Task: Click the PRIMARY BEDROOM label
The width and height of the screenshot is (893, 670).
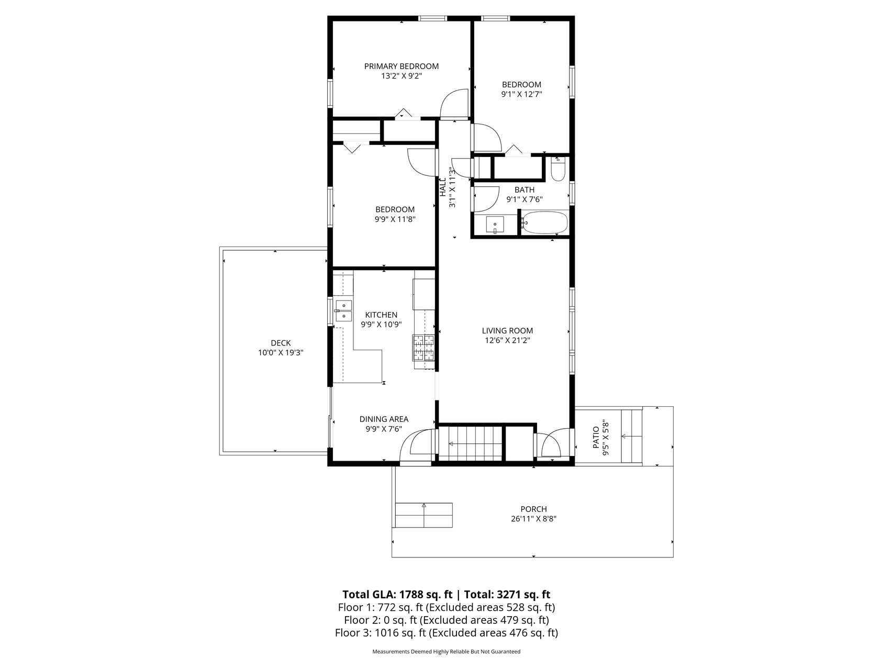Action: point(401,66)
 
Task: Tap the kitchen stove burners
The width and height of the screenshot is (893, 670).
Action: point(424,348)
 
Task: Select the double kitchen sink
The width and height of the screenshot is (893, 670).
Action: point(343,310)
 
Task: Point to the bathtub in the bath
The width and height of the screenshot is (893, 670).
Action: point(545,223)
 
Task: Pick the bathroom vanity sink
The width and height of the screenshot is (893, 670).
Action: point(495,225)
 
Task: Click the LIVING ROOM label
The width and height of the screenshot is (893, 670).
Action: point(507,330)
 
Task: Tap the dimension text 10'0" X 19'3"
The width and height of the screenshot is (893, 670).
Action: point(281,353)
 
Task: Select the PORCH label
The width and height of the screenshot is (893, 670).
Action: point(533,509)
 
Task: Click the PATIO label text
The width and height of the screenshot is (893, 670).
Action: point(596,438)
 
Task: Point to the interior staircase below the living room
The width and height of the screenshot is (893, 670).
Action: point(470,444)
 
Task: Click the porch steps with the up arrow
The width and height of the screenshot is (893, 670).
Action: point(423,515)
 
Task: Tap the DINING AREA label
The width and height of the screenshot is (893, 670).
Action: point(384,419)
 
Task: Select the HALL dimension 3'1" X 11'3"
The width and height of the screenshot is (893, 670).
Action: point(453,187)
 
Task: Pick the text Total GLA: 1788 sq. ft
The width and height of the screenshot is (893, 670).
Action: point(397,595)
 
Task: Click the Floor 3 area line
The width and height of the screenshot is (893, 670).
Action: point(446,633)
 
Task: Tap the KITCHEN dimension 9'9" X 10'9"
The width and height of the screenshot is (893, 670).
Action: point(381,325)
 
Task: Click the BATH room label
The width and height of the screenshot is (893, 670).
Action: point(524,190)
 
